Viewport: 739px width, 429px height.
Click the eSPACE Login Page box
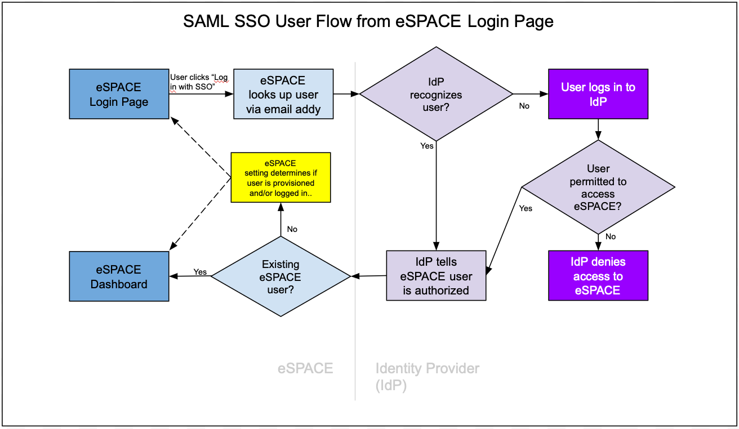coord(119,94)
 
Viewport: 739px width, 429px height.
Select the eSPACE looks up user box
coord(283,94)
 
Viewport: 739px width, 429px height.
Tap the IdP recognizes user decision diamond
coord(436,93)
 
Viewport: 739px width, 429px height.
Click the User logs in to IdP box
coord(598,94)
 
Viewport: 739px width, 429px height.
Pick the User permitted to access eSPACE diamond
coord(598,187)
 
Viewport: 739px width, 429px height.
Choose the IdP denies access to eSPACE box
coord(598,275)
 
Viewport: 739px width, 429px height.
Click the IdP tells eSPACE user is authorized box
coord(436,275)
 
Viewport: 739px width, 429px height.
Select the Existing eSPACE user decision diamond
coord(281,276)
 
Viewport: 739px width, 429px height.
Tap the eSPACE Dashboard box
coord(119,276)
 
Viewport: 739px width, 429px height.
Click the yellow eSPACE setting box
coord(281,177)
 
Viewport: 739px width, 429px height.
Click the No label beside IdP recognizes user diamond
coord(524,106)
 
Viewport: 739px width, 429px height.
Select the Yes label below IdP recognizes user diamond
coord(427,146)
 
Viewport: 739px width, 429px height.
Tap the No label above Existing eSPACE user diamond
coord(292,229)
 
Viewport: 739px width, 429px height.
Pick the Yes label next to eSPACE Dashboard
coord(200,272)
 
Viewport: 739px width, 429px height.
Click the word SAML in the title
coord(205,22)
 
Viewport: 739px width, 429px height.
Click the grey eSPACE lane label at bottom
coord(305,368)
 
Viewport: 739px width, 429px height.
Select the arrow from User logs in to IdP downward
coord(598,129)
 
